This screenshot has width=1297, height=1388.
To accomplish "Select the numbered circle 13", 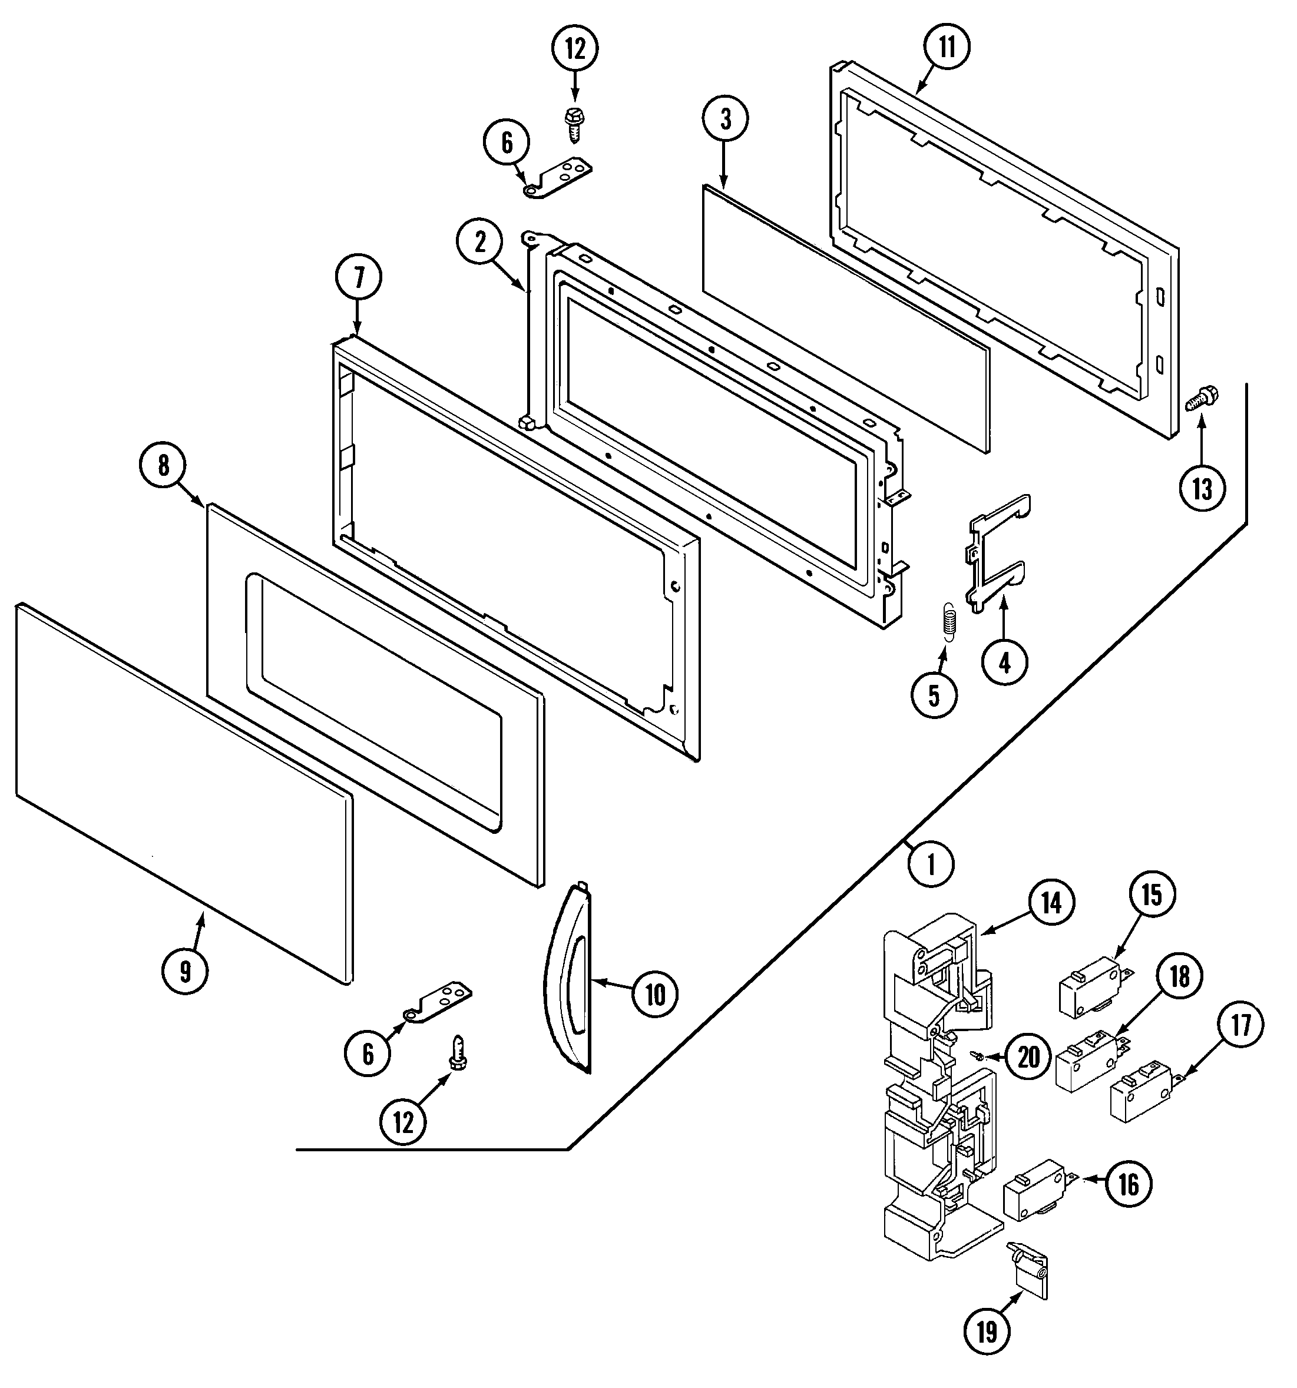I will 1202,488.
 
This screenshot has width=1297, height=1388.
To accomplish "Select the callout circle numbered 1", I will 931,864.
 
